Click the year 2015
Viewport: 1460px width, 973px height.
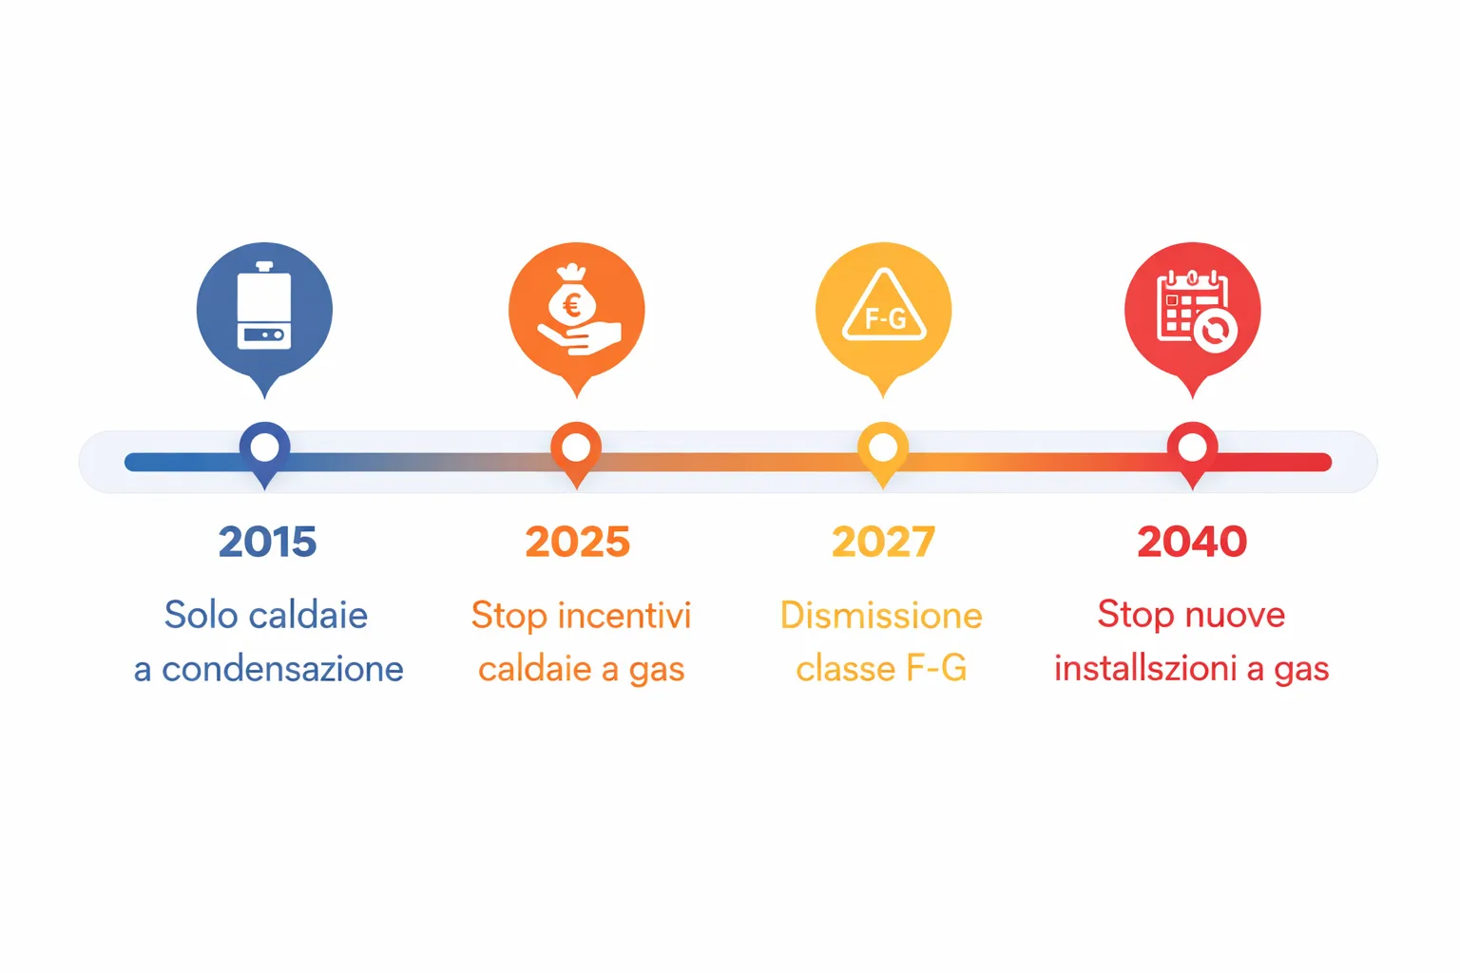coord(267,543)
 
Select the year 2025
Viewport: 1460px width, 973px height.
coord(577,543)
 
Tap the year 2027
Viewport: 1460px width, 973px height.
coord(883,543)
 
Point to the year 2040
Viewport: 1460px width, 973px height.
coord(1192,543)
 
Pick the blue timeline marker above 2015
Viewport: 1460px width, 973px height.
coord(264,448)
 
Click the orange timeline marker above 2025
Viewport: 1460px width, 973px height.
coord(576,448)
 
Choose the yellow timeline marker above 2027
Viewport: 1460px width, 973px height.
coord(883,448)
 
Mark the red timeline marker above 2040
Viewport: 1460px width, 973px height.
coord(1192,448)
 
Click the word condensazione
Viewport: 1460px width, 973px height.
coord(282,669)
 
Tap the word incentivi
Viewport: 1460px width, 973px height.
coord(624,616)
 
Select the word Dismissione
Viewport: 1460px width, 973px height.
coord(881,616)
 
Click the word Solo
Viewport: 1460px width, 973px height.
coord(200,616)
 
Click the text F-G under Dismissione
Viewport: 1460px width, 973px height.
coord(935,669)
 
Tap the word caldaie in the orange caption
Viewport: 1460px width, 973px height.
coord(535,669)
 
